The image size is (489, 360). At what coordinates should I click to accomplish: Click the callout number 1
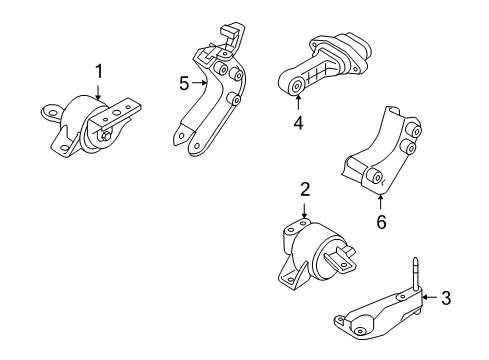pos(98,70)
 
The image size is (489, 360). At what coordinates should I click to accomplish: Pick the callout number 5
pos(184,84)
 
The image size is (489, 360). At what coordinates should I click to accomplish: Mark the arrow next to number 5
pos(201,84)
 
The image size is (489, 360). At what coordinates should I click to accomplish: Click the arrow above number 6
pos(380,199)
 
